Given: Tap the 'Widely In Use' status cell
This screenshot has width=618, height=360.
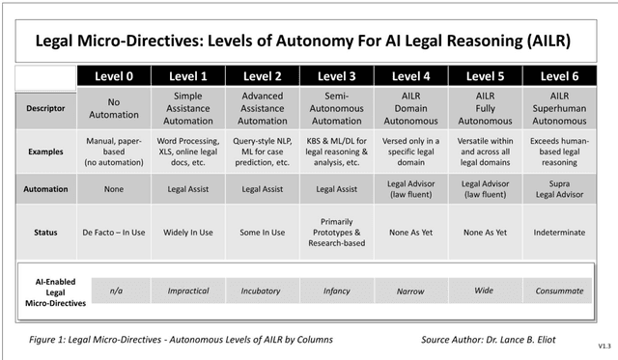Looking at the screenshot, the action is point(188,233).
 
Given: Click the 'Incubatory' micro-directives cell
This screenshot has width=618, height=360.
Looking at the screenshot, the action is point(263,290).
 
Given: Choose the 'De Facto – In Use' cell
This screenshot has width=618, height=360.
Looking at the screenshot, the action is point(113,233).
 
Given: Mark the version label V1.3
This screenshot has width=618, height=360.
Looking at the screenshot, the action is point(604,345).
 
